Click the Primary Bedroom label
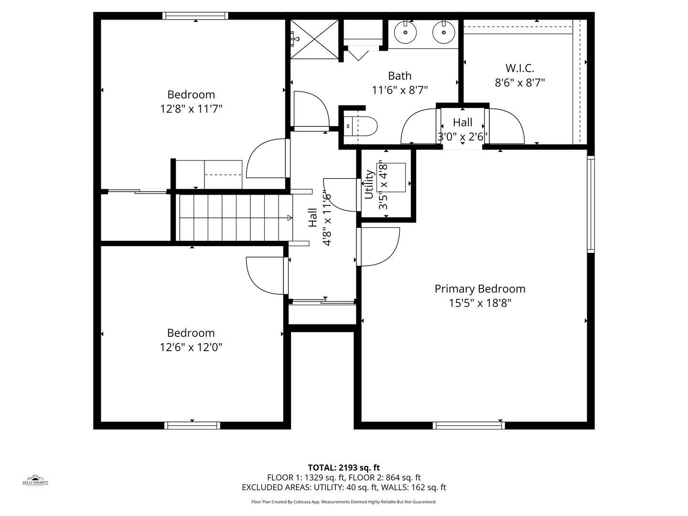[x=480, y=289]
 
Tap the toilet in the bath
[x=360, y=126]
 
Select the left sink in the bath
[x=405, y=32]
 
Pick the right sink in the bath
[x=443, y=32]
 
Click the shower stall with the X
[x=314, y=39]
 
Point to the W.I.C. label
[x=520, y=68]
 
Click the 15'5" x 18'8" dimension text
[x=480, y=303]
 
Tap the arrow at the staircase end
[x=290, y=218]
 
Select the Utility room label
[x=369, y=184]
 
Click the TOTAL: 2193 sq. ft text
[x=344, y=468]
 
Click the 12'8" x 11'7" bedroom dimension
[x=191, y=109]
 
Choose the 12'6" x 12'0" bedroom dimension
[x=191, y=347]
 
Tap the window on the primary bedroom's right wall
[x=591, y=204]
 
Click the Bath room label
[x=399, y=76]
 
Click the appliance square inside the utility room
[x=391, y=177]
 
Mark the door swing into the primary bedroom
[x=378, y=247]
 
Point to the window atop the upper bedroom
[x=195, y=16]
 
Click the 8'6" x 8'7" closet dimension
[x=520, y=83]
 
